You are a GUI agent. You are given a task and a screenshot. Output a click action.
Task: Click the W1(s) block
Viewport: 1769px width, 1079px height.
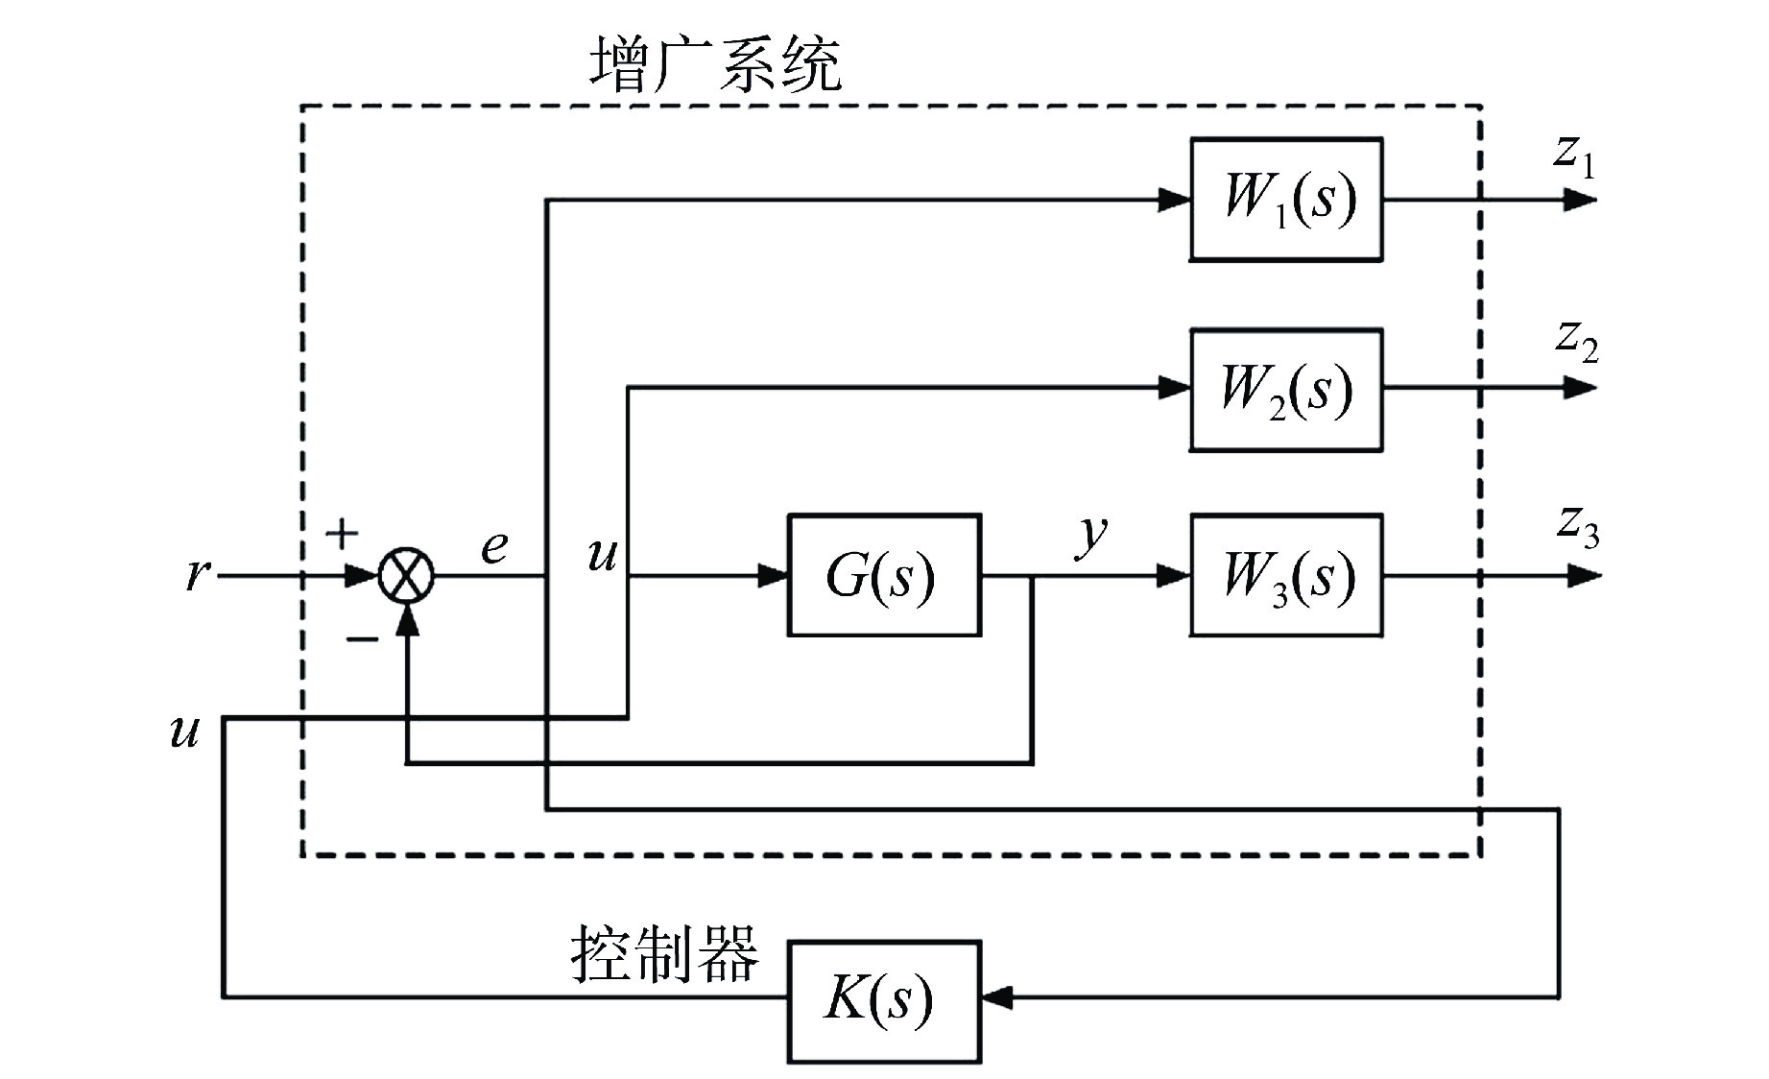click(x=1286, y=200)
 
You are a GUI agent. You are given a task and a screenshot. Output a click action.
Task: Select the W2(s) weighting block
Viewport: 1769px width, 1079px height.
click(x=1286, y=390)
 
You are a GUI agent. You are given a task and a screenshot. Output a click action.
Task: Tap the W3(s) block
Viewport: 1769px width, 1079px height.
click(x=1286, y=576)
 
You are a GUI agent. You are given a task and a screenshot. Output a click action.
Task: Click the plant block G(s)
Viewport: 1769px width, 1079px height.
click(x=884, y=576)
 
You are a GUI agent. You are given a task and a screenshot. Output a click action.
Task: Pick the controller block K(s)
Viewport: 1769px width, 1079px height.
click(x=884, y=1001)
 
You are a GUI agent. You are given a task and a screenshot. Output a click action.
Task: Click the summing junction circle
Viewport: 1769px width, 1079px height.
click(x=407, y=576)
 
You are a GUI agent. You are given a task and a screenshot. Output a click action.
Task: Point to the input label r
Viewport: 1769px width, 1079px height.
click(x=197, y=574)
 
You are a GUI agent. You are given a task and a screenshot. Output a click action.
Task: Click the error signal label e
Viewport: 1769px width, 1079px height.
click(x=493, y=547)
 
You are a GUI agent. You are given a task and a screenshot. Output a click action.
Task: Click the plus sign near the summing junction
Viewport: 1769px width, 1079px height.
click(x=342, y=534)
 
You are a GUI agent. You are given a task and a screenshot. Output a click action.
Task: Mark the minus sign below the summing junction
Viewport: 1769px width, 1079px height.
click(x=362, y=637)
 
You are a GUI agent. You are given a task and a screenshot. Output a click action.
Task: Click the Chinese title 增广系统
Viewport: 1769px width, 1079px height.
click(x=715, y=65)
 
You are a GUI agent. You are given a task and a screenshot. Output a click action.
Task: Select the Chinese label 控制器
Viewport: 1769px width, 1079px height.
click(x=664, y=954)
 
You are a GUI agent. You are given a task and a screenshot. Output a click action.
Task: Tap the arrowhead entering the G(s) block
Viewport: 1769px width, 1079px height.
click(x=773, y=576)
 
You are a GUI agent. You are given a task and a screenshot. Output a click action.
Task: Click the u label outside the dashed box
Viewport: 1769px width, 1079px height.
click(x=183, y=731)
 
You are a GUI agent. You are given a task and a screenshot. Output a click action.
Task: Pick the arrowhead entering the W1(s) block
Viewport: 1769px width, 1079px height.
click(x=1175, y=200)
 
